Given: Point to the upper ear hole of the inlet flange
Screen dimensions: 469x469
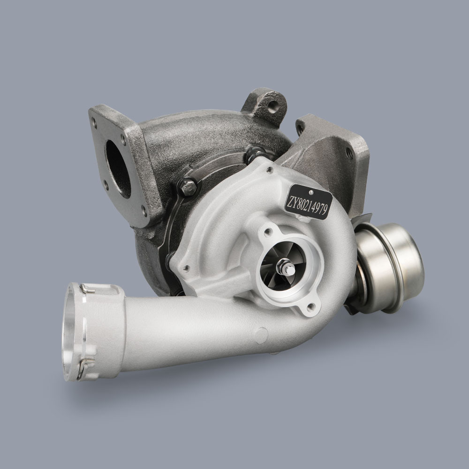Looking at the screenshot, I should (x=268, y=231).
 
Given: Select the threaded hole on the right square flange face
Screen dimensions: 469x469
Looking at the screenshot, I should (x=349, y=153).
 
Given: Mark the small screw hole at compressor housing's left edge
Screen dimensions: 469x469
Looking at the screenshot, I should (x=187, y=268).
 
